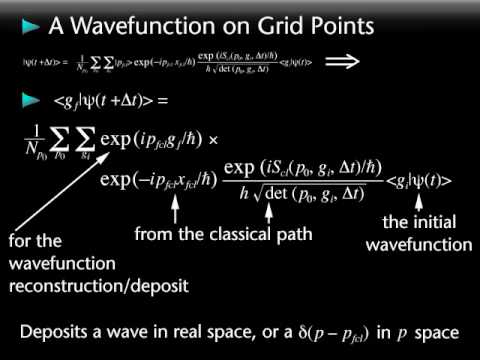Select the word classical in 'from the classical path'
pyautogui.click(x=233, y=235)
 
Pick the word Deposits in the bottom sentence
pyautogui.click(x=62, y=329)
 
